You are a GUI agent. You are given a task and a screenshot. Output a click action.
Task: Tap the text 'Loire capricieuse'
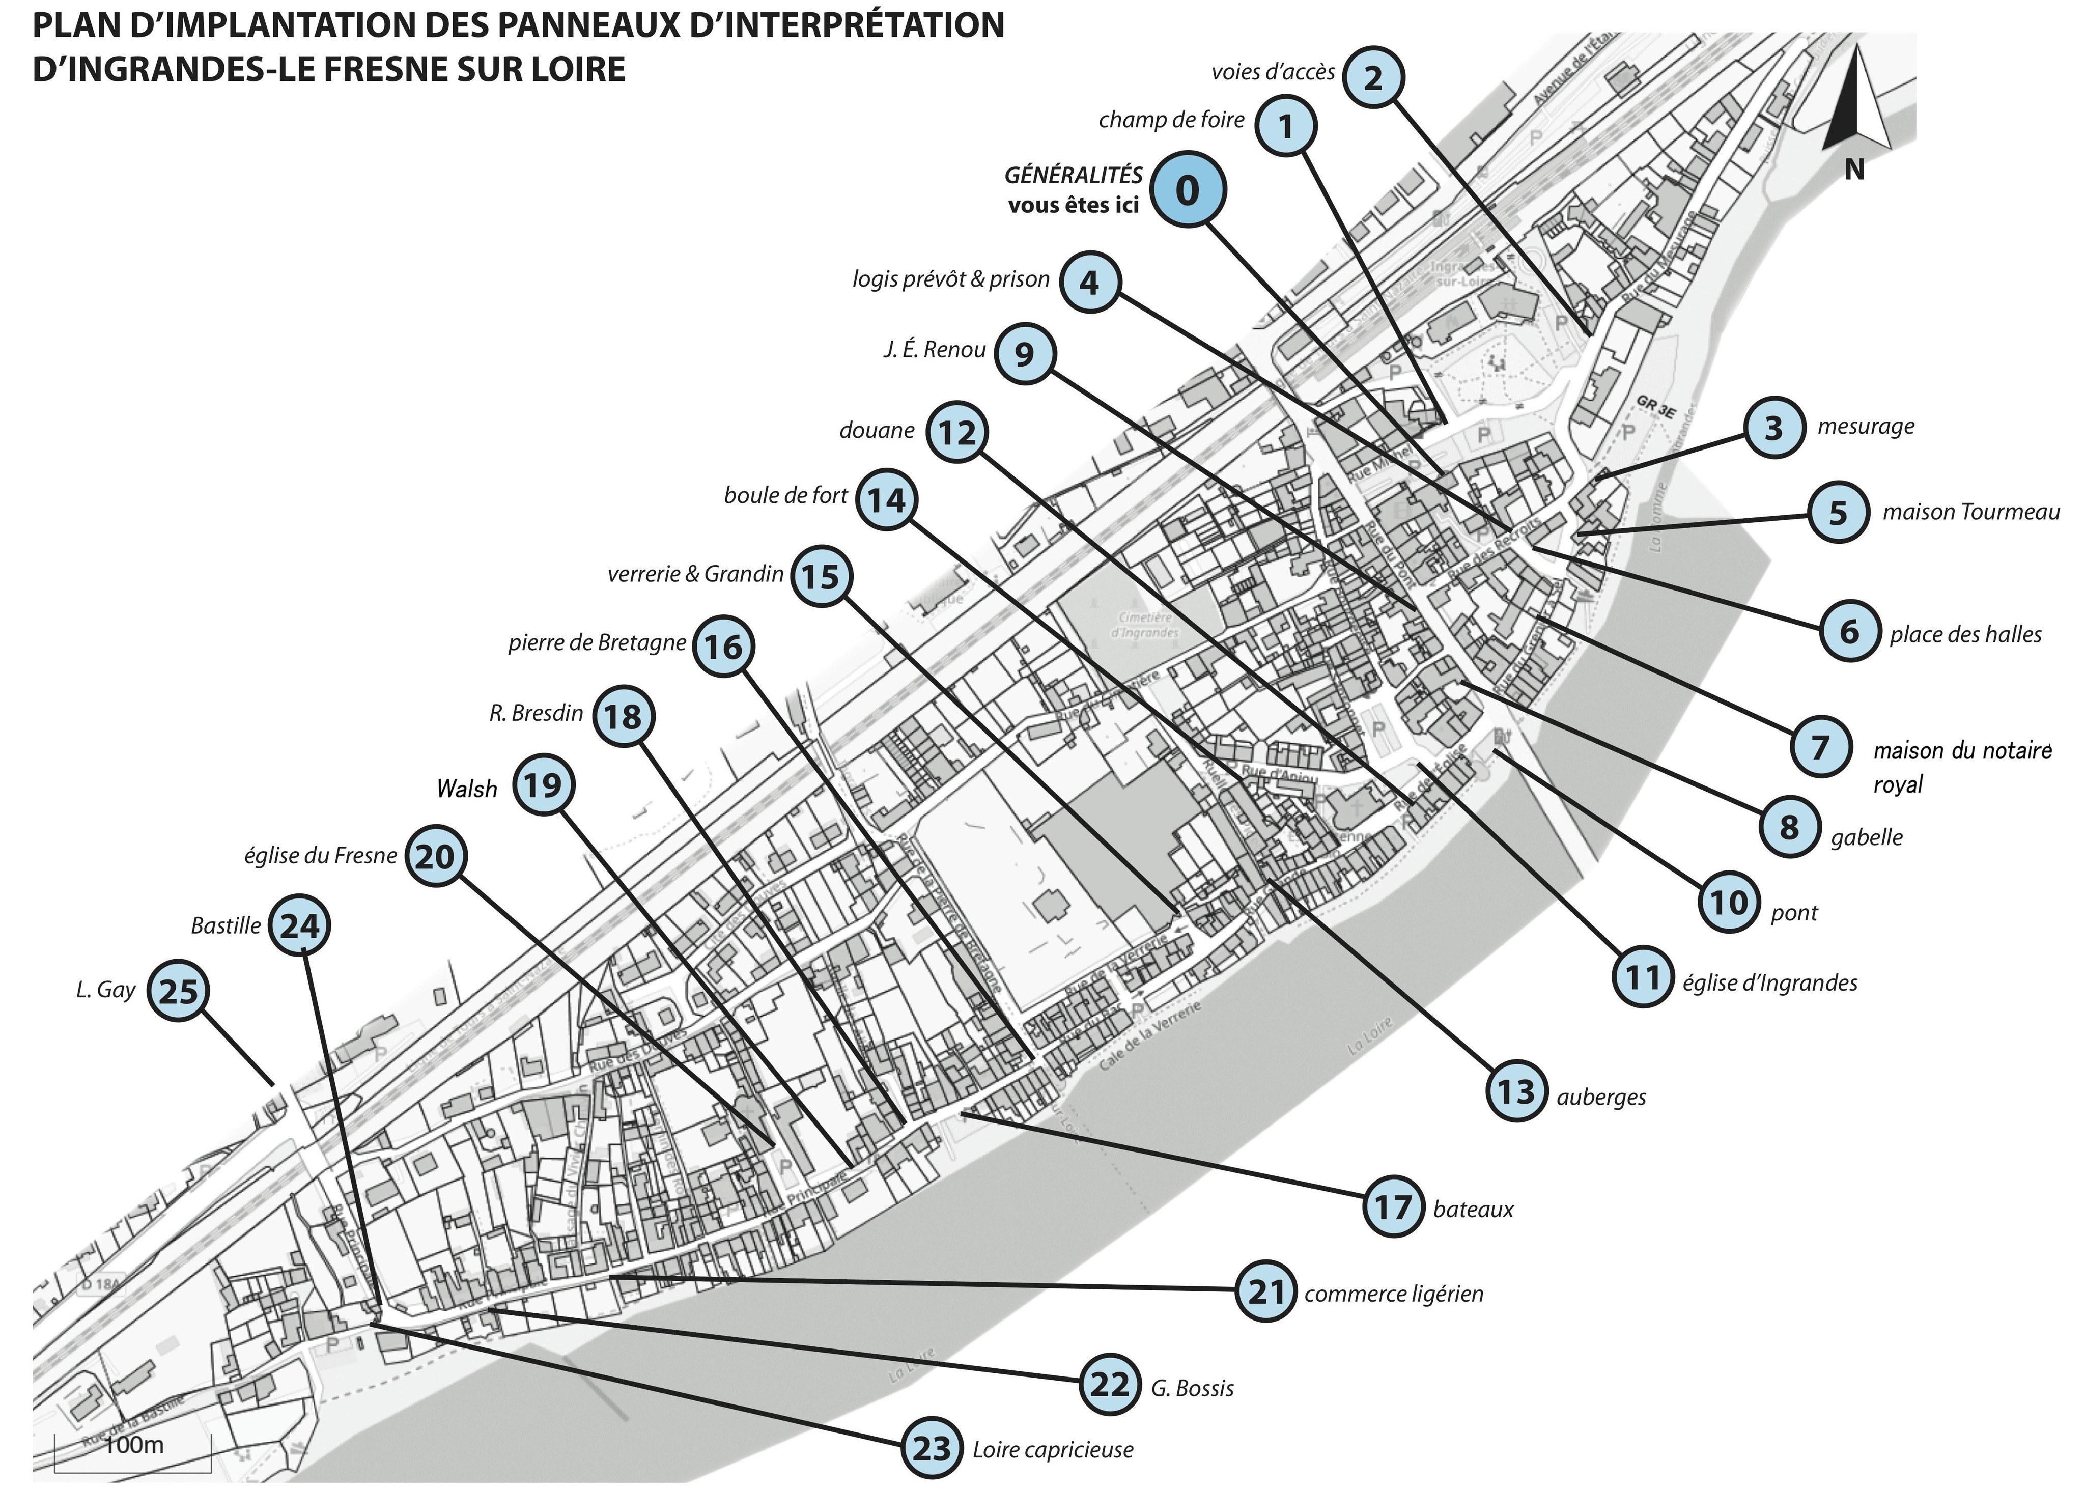click(x=1053, y=1450)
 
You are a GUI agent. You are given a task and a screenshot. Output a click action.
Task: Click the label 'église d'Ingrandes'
click(x=1769, y=983)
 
